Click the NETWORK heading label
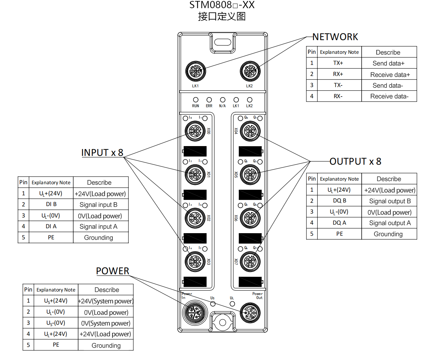[x=335, y=37]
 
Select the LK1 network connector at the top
[x=195, y=71]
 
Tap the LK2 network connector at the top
[x=250, y=71]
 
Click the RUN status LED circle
[x=195, y=100]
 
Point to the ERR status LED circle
[x=209, y=100]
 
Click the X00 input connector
[x=195, y=131]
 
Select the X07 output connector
[x=250, y=262]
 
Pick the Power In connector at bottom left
[x=195, y=313]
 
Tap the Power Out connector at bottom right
[x=250, y=313]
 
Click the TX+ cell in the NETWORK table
[x=338, y=63]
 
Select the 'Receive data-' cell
[x=389, y=96]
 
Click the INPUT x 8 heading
[x=102, y=153]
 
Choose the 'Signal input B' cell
[x=98, y=205]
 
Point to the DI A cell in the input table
[x=51, y=226]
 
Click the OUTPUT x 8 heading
[x=355, y=161]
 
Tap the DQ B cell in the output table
[x=340, y=201]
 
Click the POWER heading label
[x=112, y=271]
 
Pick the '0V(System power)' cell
[x=106, y=323]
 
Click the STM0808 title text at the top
[x=222, y=5]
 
